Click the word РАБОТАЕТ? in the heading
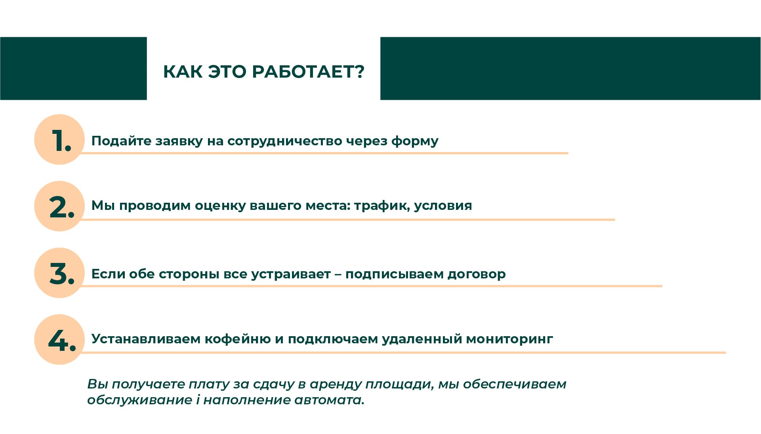coord(308,72)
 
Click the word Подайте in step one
coord(121,141)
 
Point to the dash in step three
coord(338,274)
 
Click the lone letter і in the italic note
coord(198,400)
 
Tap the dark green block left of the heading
coord(73,68)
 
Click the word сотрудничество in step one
coord(284,141)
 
